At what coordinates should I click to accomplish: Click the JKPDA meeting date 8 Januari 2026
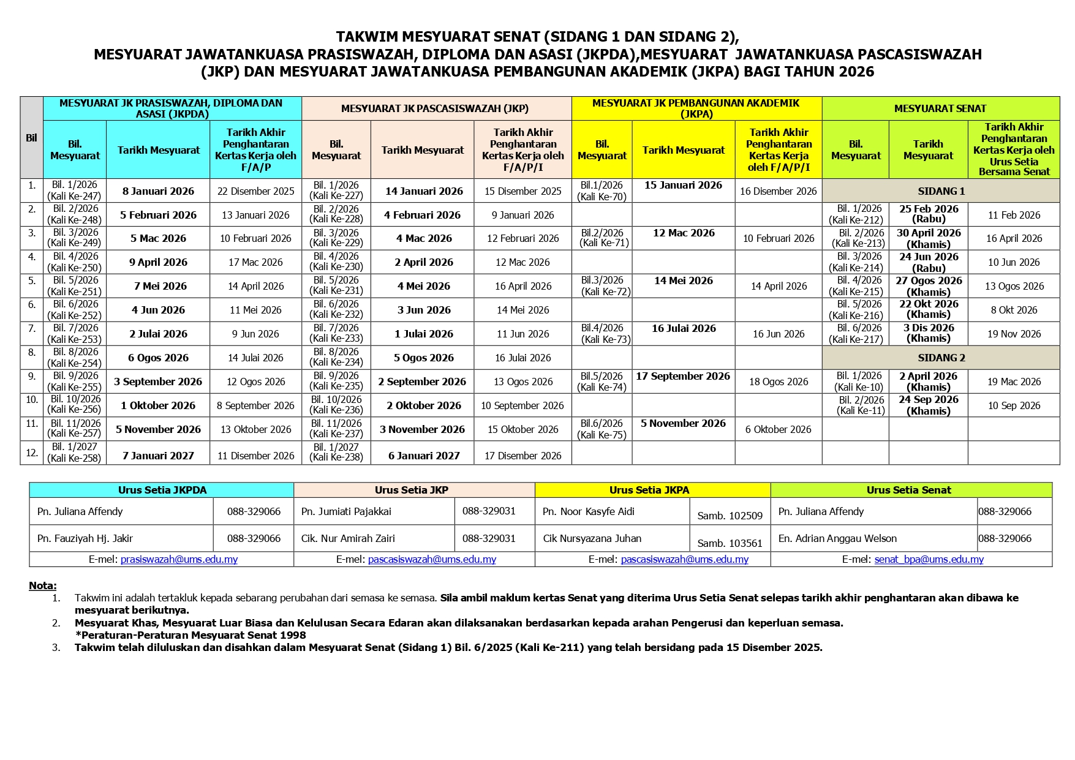(158, 191)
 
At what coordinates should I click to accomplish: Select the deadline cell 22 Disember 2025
(255, 191)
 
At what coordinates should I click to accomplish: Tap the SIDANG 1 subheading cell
(941, 191)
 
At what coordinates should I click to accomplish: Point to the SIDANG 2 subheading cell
(941, 358)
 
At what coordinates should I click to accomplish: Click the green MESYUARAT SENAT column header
(940, 108)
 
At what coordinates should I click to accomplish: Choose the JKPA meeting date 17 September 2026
(683, 376)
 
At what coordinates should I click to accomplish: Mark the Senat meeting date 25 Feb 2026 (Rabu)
(928, 214)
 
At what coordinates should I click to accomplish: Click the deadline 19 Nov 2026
(1014, 334)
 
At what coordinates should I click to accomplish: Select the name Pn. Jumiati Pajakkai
(346, 511)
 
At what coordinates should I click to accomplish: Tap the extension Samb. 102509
(730, 516)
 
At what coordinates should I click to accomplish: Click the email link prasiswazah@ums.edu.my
(179, 559)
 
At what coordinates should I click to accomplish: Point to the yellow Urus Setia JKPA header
(649, 490)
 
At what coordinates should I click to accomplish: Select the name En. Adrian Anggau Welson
(837, 538)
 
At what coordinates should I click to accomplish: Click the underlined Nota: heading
(43, 585)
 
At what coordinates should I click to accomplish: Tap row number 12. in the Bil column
(32, 453)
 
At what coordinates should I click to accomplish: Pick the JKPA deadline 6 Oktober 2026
(778, 429)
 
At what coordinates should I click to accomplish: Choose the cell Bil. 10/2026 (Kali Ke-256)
(75, 404)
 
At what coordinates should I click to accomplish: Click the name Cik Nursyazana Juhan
(592, 538)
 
